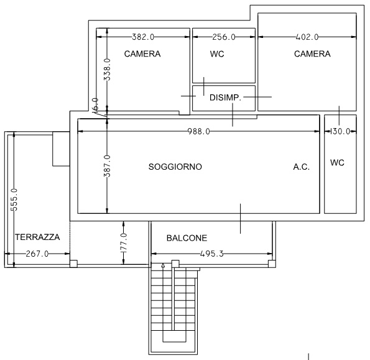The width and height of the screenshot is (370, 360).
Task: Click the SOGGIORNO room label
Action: (175, 167)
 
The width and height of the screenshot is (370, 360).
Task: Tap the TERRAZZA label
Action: (37, 237)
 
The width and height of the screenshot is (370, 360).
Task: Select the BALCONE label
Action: (187, 238)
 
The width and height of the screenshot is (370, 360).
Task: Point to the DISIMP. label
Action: (225, 98)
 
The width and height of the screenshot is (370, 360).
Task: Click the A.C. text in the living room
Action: (302, 167)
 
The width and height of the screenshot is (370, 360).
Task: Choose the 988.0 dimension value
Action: (199, 131)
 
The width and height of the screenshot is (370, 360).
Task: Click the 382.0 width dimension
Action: (143, 37)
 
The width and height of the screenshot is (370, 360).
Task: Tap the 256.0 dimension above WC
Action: (224, 37)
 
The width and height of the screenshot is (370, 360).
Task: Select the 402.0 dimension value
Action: (307, 37)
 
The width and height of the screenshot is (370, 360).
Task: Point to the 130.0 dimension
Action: (340, 131)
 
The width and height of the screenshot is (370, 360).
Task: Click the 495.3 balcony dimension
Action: (211, 254)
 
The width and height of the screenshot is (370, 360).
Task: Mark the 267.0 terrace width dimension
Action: (37, 254)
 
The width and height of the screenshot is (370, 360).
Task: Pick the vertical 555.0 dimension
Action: (14, 200)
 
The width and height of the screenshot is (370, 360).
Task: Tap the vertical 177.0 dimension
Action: (124, 243)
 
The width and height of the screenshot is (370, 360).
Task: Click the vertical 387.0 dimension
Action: (107, 166)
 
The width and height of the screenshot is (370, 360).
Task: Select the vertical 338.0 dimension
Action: (107, 70)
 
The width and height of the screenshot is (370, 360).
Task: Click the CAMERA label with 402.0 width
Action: (312, 54)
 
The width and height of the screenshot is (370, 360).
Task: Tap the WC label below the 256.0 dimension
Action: (217, 54)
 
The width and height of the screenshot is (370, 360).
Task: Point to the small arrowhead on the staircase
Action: (163, 265)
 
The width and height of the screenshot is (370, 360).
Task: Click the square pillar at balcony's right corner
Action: (272, 264)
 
